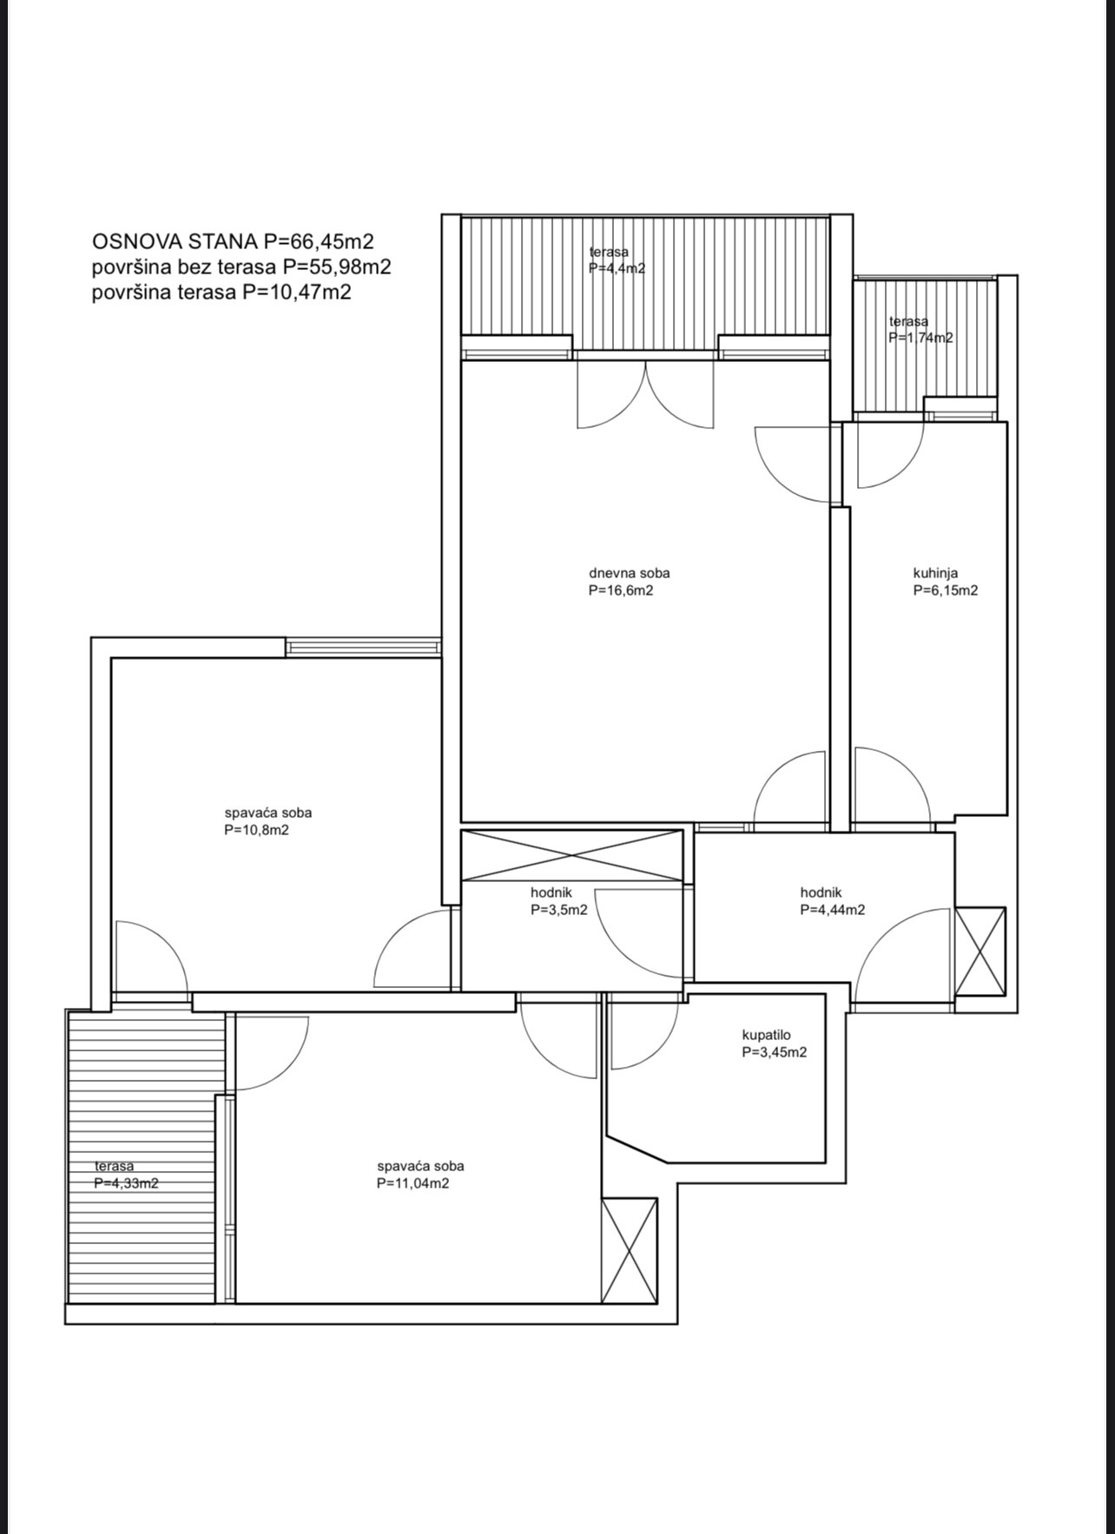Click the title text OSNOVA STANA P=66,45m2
coord(233,241)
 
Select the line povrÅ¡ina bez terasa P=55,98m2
coord(241,267)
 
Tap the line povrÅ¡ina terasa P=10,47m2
coord(221,292)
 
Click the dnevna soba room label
coord(629,582)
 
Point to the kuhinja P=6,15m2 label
coord(945,582)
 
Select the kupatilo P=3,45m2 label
coord(774,1044)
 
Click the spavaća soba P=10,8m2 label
coord(267,821)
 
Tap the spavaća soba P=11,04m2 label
coord(419,1175)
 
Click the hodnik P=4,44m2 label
coord(831,901)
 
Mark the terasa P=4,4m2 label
coord(616,260)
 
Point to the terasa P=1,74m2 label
coord(920,330)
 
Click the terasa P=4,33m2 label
coord(125,1175)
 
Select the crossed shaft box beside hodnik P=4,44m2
coord(980,951)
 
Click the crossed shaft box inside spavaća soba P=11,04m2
coord(629,1250)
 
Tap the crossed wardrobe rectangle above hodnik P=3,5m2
coord(571,856)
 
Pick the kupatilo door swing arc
coord(644,1033)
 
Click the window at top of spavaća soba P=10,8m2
coord(363,647)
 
